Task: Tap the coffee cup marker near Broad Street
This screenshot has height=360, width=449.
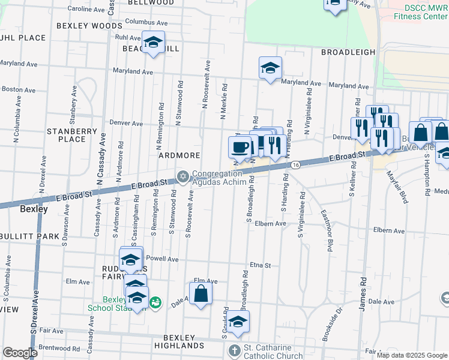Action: [x=240, y=146]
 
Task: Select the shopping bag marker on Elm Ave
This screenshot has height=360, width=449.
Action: [x=201, y=293]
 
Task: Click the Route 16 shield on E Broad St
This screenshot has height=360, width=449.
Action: [x=295, y=164]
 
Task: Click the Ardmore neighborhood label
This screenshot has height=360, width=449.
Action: [x=179, y=155]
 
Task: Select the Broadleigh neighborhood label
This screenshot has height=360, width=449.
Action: [x=348, y=52]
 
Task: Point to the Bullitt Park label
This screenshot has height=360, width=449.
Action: [x=29, y=236]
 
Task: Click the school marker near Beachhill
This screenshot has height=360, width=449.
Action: [x=153, y=42]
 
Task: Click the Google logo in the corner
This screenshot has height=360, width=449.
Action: [x=20, y=353]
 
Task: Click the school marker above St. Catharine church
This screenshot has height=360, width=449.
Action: [x=238, y=322]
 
